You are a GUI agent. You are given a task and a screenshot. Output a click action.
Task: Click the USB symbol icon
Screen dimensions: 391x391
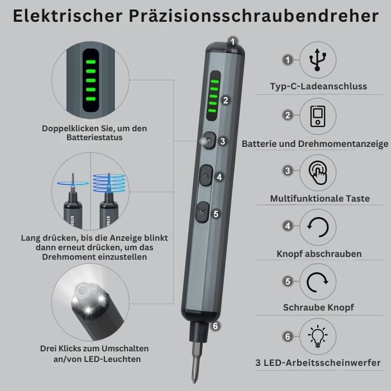click(317, 60)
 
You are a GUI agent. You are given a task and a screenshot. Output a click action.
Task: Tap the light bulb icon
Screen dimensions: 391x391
click(318, 336)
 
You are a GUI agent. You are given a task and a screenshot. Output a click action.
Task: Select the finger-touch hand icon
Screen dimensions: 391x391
click(318, 173)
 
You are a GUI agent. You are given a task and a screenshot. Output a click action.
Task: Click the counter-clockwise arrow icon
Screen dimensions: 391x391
click(318, 227)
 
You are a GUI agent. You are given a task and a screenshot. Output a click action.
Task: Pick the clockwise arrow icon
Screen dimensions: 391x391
click(317, 282)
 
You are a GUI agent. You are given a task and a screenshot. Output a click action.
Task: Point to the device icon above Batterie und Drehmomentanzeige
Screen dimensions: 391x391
click(318, 116)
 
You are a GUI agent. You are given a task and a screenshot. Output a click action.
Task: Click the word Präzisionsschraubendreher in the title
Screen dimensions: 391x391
click(254, 16)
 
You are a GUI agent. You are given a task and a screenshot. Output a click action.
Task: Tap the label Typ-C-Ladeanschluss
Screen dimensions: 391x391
click(318, 86)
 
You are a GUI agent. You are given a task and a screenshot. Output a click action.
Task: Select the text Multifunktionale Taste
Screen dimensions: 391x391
click(320, 198)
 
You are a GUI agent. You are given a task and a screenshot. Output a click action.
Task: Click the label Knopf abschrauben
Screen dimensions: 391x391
click(319, 254)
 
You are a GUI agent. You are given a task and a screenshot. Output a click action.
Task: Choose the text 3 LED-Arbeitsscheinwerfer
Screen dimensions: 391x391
click(318, 363)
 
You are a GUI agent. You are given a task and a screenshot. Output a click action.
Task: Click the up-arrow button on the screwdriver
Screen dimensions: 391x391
click(206, 175)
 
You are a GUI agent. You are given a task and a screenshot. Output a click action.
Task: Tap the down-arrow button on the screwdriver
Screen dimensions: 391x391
click(202, 212)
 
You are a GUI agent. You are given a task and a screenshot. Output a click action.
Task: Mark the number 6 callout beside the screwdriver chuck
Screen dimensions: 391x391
click(215, 326)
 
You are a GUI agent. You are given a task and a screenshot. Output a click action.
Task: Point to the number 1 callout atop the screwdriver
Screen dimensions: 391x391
click(233, 41)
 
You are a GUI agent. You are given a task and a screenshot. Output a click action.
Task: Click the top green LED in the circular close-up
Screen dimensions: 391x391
click(90, 62)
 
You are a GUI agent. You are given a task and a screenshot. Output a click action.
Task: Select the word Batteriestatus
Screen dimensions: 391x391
click(94, 137)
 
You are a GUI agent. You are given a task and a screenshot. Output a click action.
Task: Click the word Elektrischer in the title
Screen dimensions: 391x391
click(68, 16)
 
